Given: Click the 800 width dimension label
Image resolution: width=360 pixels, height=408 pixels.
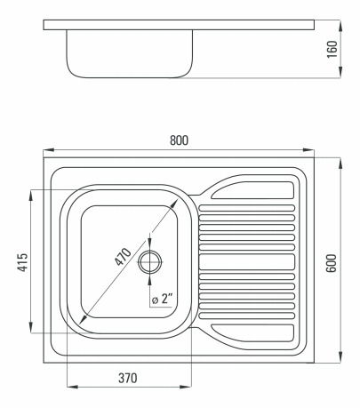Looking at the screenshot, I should coord(181,141).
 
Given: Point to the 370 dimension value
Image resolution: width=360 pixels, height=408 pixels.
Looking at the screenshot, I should coord(127,379).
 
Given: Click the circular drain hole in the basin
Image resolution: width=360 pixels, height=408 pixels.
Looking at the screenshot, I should coord(151,261).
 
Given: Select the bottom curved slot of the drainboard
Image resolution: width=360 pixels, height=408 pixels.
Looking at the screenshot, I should coord(252,332).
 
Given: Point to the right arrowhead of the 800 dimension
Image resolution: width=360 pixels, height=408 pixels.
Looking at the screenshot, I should coord(315,150).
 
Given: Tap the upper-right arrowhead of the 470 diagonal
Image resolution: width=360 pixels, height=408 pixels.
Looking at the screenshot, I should coord(175,204).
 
